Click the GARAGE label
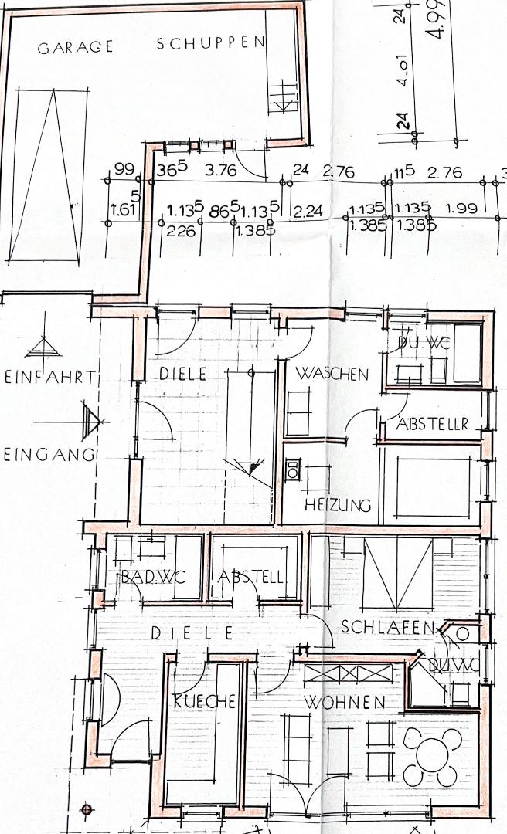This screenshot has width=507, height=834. click(x=75, y=47)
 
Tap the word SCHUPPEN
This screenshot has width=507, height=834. click(x=211, y=44)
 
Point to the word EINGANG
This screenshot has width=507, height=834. click(x=47, y=454)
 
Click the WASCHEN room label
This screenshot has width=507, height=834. click(x=332, y=374)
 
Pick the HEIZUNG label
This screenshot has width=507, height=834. click(x=338, y=506)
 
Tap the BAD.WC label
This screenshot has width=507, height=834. click(x=149, y=578)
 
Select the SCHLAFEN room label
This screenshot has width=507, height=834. click(x=389, y=627)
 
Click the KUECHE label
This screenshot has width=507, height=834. click(x=204, y=701)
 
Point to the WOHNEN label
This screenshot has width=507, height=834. click(x=344, y=703)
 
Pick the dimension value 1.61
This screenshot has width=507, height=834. click(x=124, y=209)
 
